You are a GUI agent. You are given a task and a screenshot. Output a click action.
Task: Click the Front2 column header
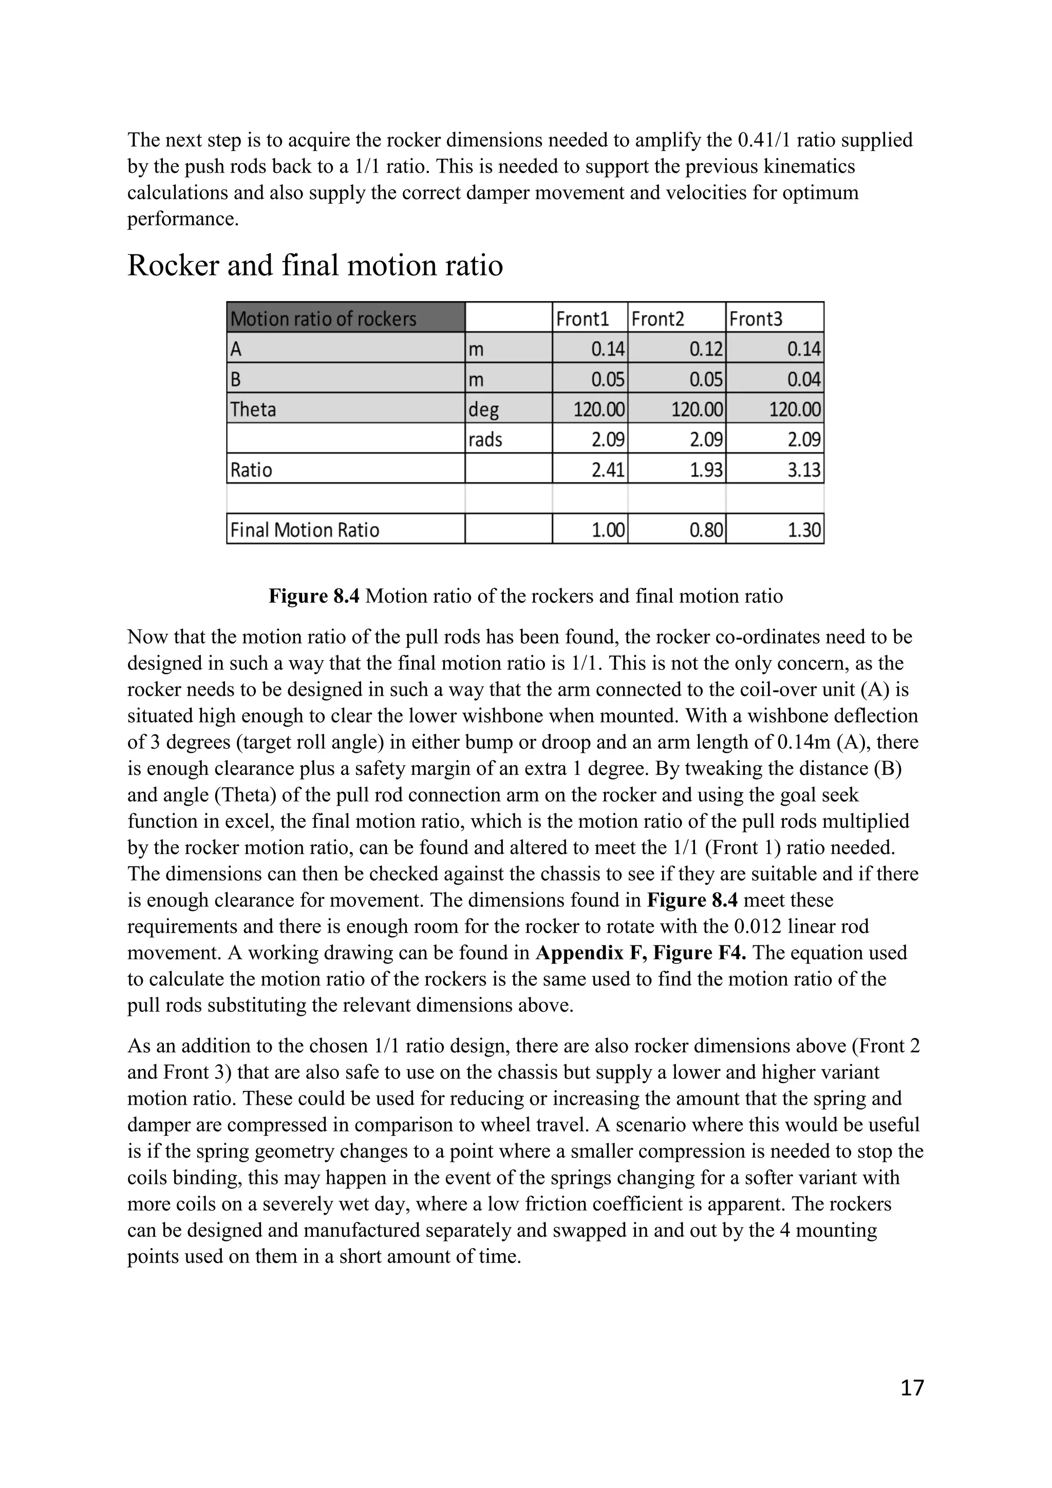coord(657,319)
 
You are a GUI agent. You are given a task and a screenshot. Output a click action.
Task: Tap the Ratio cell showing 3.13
coord(803,470)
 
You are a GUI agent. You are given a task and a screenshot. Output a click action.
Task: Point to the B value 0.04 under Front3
coord(803,379)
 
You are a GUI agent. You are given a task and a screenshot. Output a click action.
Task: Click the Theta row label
coord(253,410)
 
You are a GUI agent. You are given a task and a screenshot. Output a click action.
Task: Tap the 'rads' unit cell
coord(485,440)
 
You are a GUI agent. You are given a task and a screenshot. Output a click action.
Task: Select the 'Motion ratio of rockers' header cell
coord(324,319)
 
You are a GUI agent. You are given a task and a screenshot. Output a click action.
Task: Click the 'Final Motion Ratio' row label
coord(305,530)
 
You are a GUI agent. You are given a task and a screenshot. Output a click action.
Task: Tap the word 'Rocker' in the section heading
coord(173,266)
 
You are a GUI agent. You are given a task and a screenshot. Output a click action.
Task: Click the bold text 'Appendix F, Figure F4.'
coord(641,953)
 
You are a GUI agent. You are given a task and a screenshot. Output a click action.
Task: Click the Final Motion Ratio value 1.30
coord(803,530)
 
